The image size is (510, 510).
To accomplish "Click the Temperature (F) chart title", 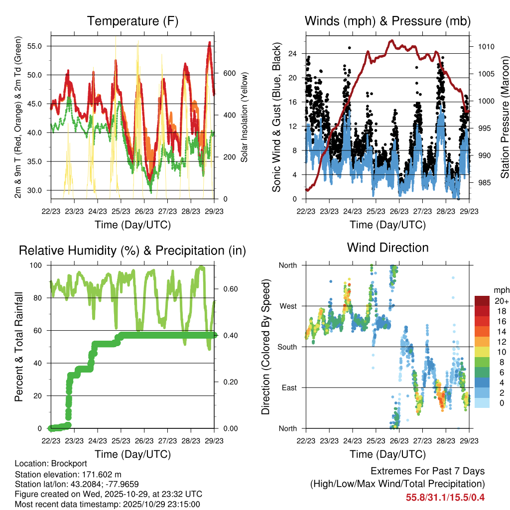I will (132, 21).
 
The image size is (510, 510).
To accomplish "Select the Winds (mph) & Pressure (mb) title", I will (387, 21).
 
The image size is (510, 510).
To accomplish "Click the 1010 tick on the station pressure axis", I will (486, 47).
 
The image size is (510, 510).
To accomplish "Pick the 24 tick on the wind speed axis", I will (292, 53).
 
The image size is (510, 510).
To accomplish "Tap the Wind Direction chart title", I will (387, 247).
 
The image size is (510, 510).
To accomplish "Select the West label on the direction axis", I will (287, 306).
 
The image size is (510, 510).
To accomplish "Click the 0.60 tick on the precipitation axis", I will (229, 289).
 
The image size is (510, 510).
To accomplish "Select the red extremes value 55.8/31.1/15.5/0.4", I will (445, 497).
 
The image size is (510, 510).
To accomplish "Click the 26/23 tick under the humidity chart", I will (144, 440).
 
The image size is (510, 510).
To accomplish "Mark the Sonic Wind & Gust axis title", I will (276, 117).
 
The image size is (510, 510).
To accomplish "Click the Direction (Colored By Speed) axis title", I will (265, 347).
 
